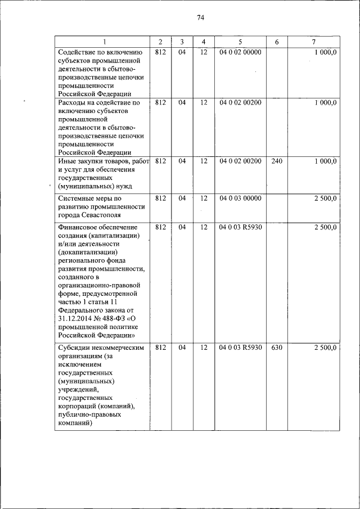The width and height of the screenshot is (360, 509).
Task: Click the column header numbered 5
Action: click(x=240, y=42)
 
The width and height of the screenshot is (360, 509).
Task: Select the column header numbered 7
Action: click(x=313, y=42)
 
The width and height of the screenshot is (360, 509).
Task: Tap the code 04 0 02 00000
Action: click(x=240, y=52)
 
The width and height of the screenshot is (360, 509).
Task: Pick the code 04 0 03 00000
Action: click(x=240, y=199)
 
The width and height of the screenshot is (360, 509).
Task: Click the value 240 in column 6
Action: click(x=276, y=161)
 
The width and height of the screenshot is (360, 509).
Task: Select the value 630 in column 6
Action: click(x=276, y=348)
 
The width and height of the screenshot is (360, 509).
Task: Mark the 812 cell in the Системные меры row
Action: click(x=160, y=199)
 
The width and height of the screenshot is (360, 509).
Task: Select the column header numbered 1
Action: click(x=103, y=42)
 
